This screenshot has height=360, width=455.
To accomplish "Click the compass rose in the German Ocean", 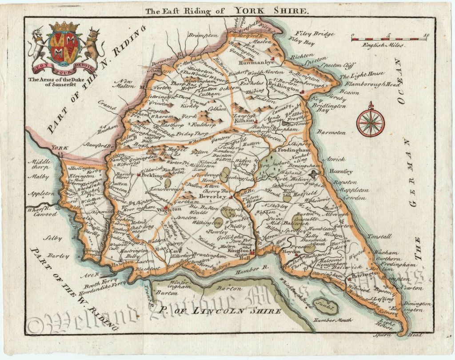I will point(370,120).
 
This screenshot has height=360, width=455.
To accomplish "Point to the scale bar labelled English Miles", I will point(388,39).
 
